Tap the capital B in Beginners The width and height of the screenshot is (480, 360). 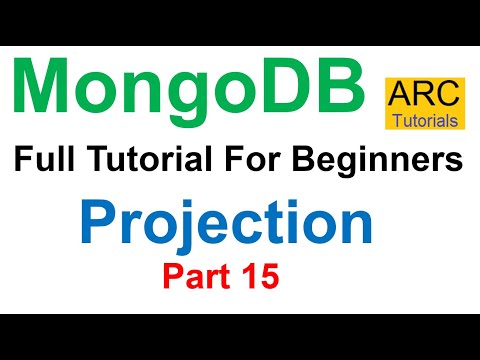click(303, 159)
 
